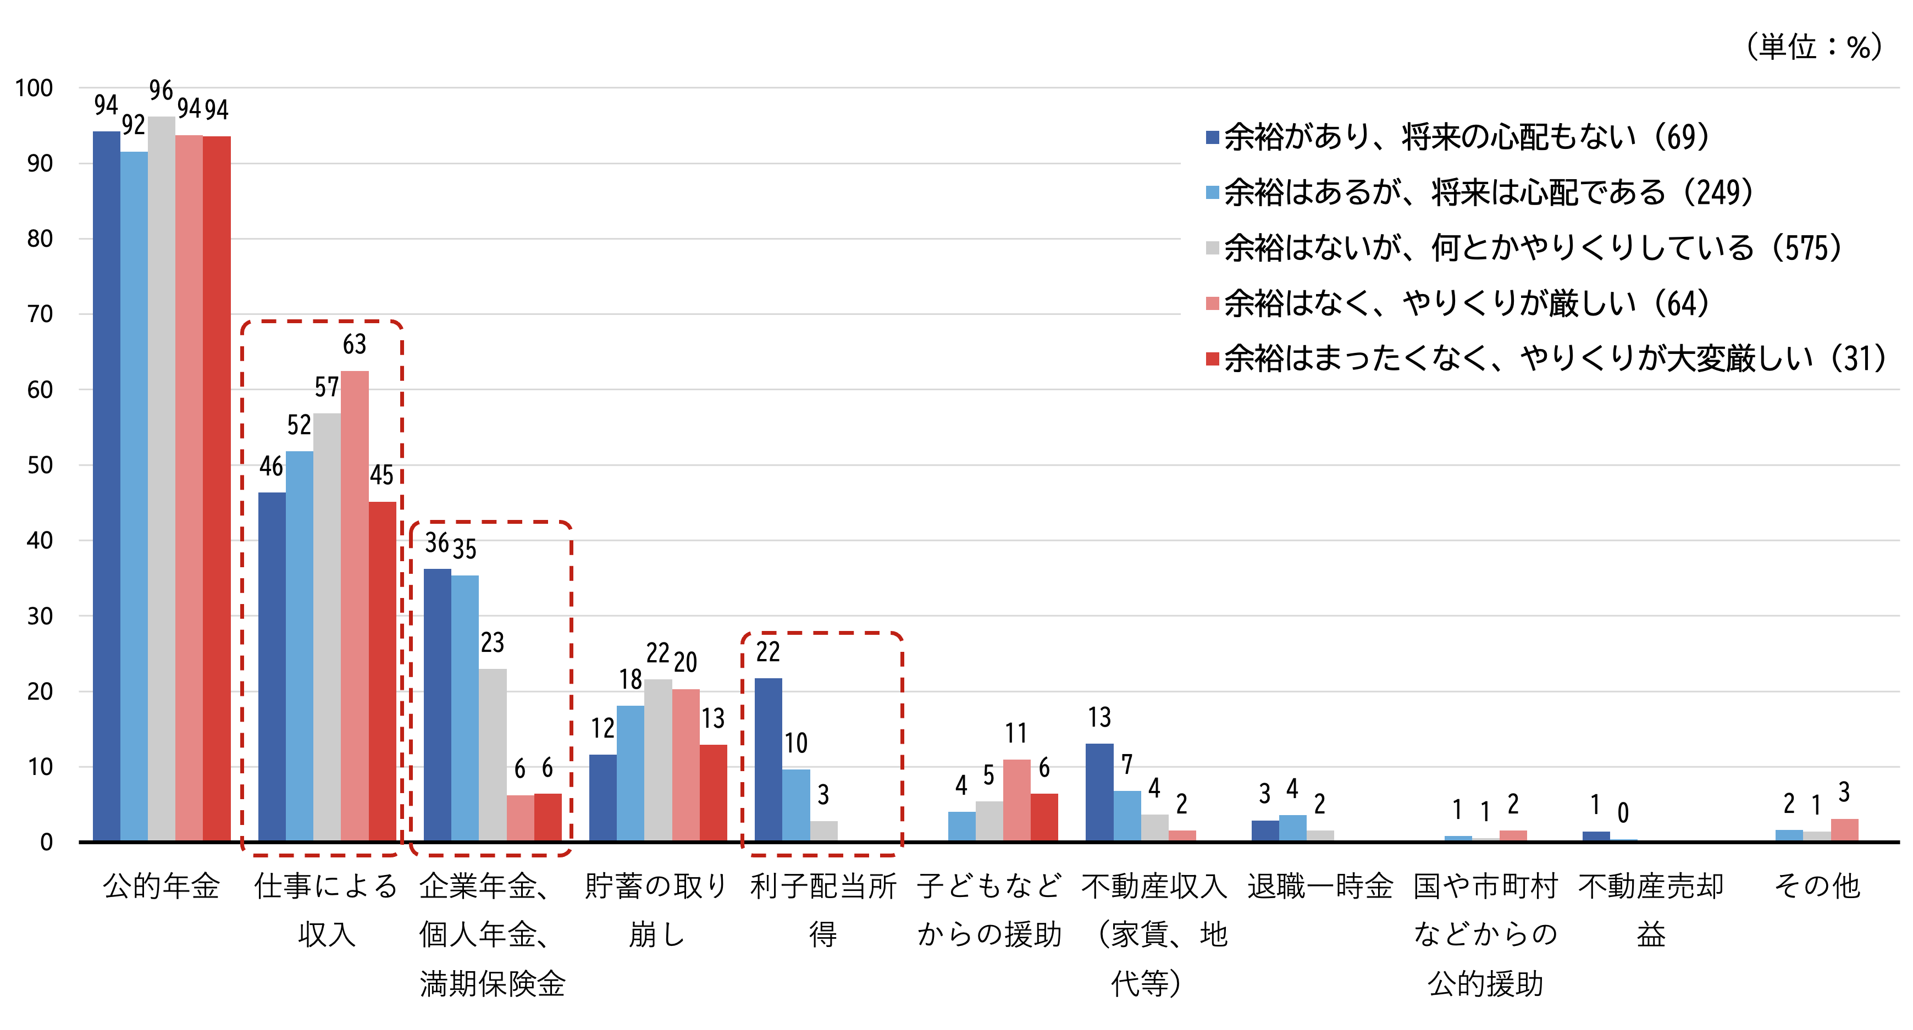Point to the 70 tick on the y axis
(40, 314)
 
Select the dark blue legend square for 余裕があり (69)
(1212, 137)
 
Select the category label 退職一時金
(1320, 886)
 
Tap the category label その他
(1816, 886)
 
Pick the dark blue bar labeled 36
(438, 706)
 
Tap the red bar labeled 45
(383, 672)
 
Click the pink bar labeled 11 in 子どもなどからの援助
(1016, 801)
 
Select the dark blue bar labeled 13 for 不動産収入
(1099, 793)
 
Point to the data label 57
(327, 387)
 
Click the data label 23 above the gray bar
(493, 643)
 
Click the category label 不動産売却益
(1651, 910)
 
